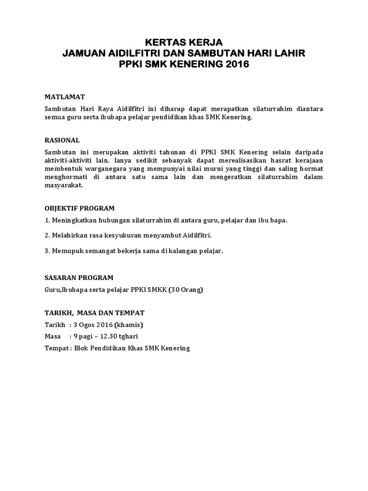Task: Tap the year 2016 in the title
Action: pos(235,64)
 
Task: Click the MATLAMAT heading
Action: pos(65,97)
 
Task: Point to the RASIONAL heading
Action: pos(62,140)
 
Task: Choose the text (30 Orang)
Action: pos(185,290)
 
